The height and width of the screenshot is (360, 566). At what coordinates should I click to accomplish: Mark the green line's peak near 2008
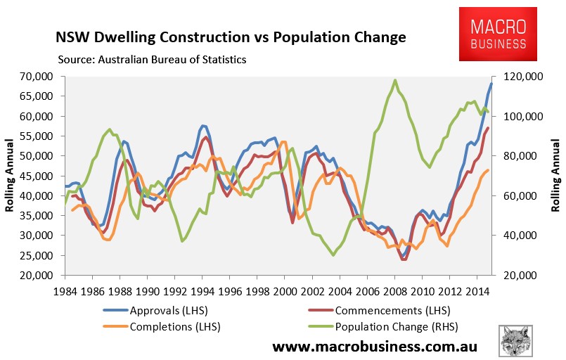point(395,80)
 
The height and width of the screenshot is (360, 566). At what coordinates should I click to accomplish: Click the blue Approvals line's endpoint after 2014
point(491,84)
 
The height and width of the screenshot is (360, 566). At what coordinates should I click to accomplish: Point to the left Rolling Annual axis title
point(11,176)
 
